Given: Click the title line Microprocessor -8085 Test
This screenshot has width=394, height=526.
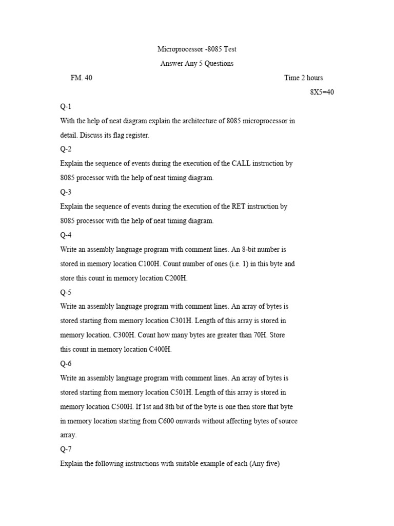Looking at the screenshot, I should coord(196,49).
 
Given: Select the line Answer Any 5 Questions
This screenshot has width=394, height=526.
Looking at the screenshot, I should coord(196,64).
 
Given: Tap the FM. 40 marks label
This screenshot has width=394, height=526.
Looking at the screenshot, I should coord(82,78).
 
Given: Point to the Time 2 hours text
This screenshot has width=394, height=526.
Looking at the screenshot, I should coord(304,78).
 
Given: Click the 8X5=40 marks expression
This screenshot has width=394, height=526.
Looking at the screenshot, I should coord(322,92).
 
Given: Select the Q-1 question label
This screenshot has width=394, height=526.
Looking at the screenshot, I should coord(66,107).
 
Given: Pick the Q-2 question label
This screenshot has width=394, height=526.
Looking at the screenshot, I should coord(66,149).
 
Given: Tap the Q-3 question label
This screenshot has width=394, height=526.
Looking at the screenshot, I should coord(66,192).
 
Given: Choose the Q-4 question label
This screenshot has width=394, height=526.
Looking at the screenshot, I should coord(66,235).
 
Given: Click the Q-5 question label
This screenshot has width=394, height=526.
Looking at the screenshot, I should coord(66,292).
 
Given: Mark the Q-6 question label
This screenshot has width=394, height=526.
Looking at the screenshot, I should coord(66,364).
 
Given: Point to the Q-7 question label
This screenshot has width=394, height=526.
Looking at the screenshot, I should coord(66,449).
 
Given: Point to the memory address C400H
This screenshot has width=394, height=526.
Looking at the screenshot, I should coord(160,350).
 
